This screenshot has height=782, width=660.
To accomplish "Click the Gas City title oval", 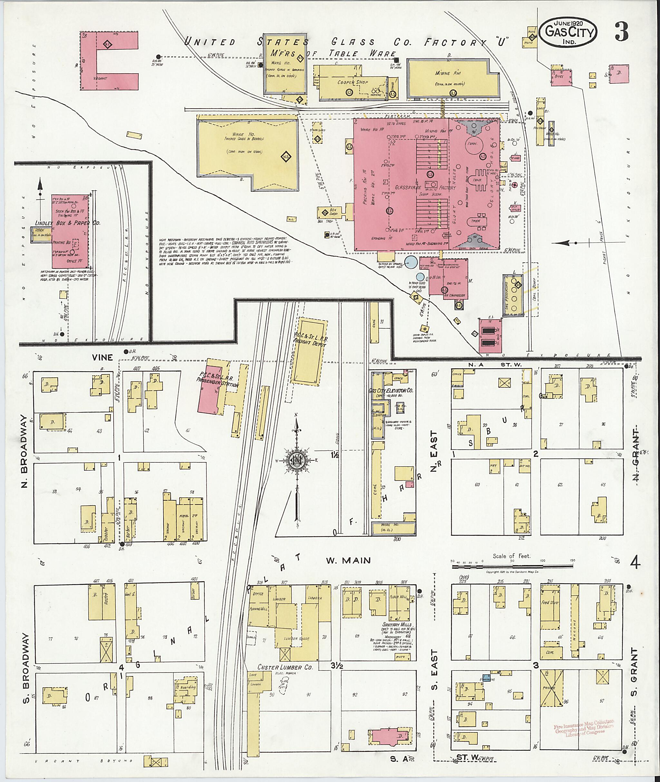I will coord(569,33).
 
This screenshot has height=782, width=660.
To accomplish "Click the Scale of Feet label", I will coord(511,556).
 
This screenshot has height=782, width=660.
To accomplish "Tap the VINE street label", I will coord(102,357).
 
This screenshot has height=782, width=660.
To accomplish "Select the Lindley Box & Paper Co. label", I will coord(68,223).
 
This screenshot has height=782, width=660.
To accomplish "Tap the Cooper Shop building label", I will coord(353,82).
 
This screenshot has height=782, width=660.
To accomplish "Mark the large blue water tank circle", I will coord(411,262).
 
